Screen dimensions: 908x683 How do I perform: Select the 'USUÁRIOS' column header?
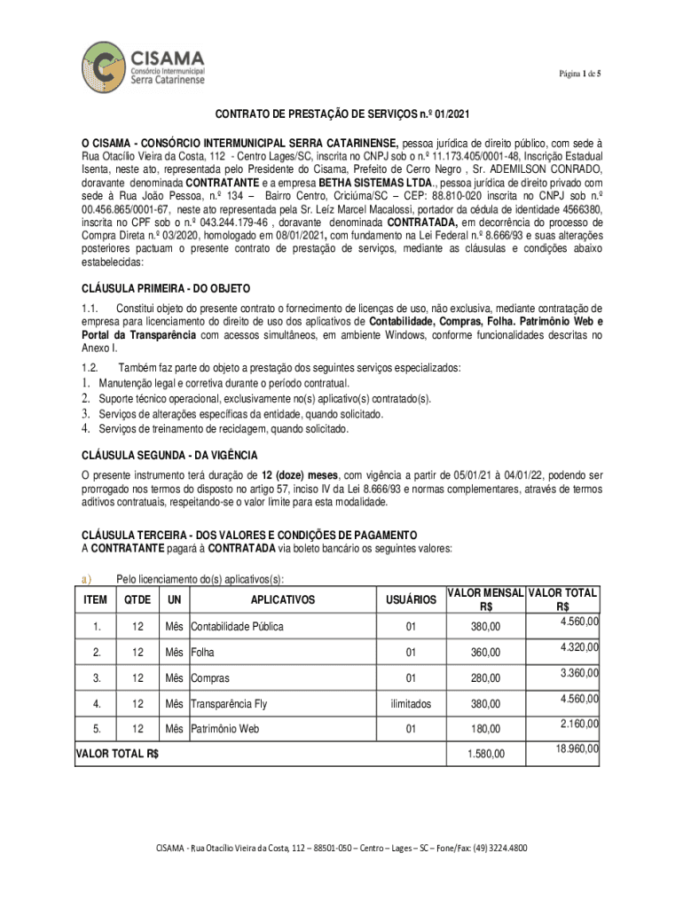coord(412,600)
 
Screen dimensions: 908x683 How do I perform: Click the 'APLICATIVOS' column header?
coord(282,600)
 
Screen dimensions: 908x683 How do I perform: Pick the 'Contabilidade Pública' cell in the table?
coord(237,627)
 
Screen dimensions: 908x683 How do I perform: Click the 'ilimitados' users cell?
coord(411,704)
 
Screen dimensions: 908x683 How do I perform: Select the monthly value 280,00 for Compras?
coord(485,678)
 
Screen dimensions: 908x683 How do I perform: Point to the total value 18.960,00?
coord(577,749)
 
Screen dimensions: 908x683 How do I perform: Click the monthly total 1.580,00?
coord(485,754)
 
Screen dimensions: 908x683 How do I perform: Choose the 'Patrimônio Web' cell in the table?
coord(224,729)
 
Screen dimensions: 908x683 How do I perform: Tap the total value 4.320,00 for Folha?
coord(579,646)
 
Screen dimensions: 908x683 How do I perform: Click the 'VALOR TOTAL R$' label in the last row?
coord(118,754)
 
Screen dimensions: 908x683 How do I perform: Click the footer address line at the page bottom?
coord(341,848)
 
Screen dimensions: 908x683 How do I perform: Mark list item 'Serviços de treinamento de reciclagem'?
coord(224,429)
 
